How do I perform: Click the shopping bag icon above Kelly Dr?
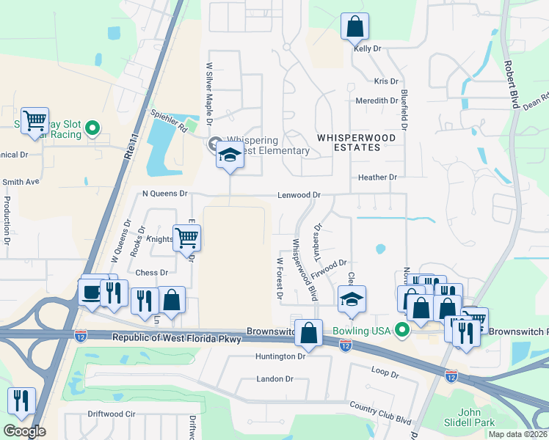point(355,27)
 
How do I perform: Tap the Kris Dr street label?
point(385,81)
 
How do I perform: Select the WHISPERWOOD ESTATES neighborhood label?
point(356,142)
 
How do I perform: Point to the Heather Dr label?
point(377,177)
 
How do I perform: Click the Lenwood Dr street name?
point(299,195)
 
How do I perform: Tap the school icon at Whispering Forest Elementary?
point(230,155)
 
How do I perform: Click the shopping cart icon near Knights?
point(187,238)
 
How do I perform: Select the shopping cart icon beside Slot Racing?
point(34,120)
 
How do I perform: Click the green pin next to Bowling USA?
point(401,331)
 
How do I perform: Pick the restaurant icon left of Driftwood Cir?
point(21,400)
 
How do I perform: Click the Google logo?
point(24,431)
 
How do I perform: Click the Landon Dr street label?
point(274,379)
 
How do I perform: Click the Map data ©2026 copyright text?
point(517,434)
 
